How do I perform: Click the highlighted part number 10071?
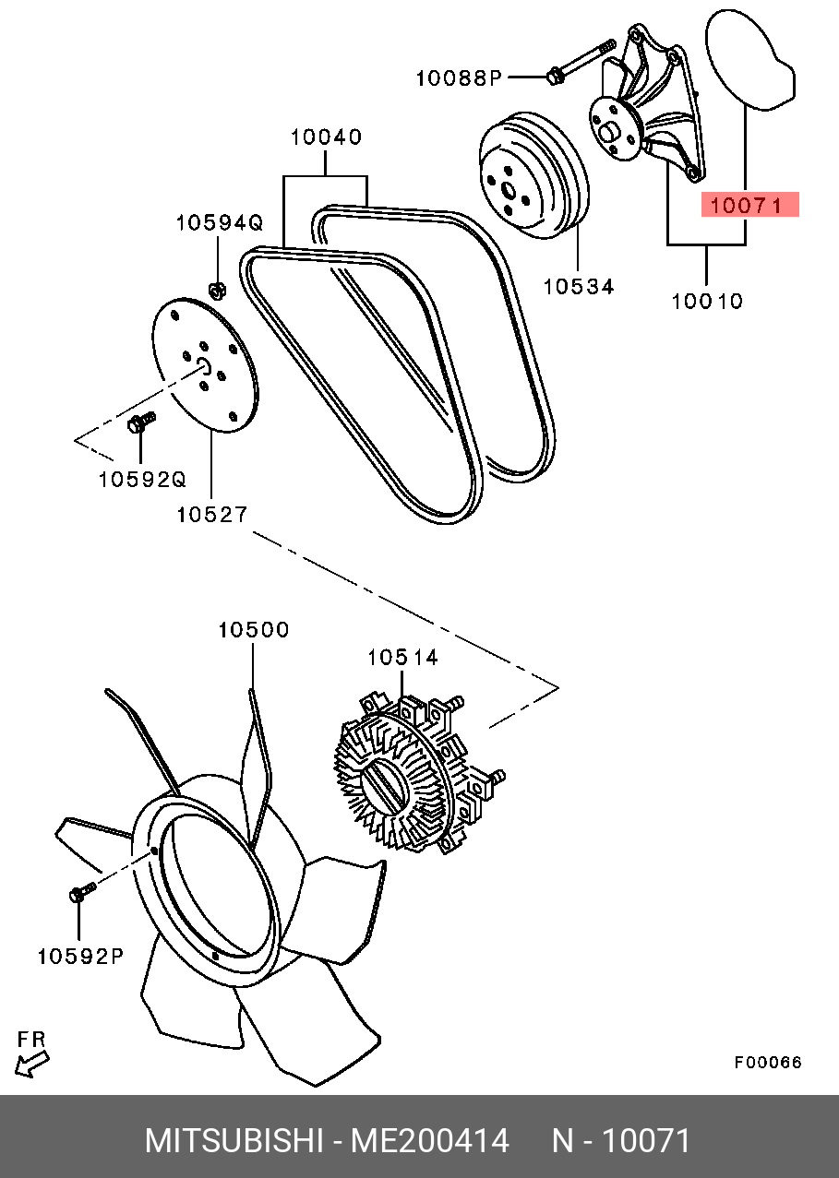(750, 206)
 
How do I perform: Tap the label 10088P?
(457, 78)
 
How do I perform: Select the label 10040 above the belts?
(326, 137)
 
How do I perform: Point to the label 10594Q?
(220, 222)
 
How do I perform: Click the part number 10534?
(578, 286)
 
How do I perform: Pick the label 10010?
(707, 301)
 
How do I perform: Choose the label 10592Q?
(142, 480)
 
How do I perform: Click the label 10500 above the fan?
(254, 630)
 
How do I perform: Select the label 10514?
(402, 658)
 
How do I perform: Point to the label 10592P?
(80, 957)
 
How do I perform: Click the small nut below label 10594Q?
(218, 292)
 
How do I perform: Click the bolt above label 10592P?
(80, 893)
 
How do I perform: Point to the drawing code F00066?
(768, 1063)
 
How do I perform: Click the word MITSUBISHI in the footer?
(233, 1141)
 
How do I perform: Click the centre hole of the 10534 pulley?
(508, 190)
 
